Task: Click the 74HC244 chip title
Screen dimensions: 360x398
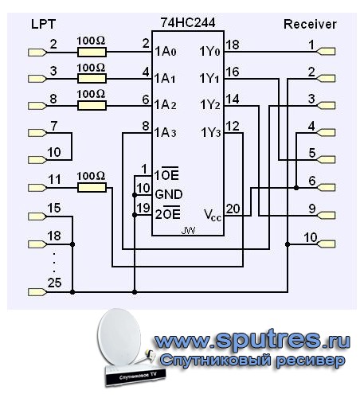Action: pyautogui.click(x=188, y=22)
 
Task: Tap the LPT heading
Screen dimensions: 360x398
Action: pyautogui.click(x=43, y=24)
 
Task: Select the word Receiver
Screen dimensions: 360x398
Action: pyautogui.click(x=310, y=24)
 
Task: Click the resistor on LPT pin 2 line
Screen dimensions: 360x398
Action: pyautogui.click(x=92, y=53)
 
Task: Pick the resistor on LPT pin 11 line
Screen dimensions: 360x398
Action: pyautogui.click(x=92, y=188)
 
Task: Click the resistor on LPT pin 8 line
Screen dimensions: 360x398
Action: pyautogui.click(x=92, y=106)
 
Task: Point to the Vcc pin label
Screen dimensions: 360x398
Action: pyautogui.click(x=213, y=215)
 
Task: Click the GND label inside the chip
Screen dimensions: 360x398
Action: pyautogui.click(x=169, y=194)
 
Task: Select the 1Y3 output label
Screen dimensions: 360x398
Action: pyautogui.click(x=211, y=132)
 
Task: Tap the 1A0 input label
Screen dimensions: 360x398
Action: pyautogui.click(x=165, y=51)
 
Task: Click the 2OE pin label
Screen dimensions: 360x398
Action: pyautogui.click(x=168, y=213)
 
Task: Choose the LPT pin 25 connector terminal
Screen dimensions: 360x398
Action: pyautogui.click(x=37, y=292)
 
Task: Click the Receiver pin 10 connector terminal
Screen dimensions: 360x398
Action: pyautogui.click(x=327, y=244)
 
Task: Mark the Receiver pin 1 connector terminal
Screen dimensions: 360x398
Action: pyautogui.click(x=327, y=51)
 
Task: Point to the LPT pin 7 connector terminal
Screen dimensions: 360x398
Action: pyautogui.click(x=37, y=133)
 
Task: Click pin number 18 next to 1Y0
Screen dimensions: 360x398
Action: pyautogui.click(x=233, y=45)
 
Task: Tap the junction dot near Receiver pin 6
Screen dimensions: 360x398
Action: pyautogui.click(x=296, y=188)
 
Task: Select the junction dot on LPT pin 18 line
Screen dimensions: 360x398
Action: pyautogui.click(x=72, y=244)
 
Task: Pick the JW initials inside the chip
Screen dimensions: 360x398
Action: pyautogui.click(x=188, y=231)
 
